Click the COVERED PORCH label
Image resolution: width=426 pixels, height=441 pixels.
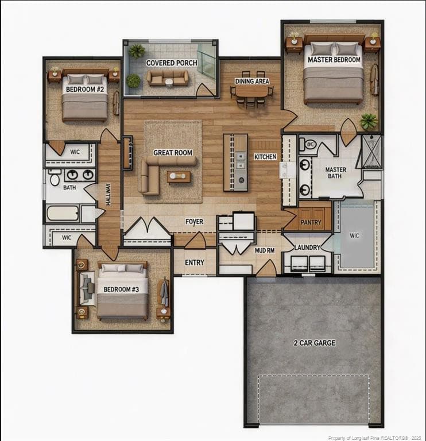(x=172, y=63)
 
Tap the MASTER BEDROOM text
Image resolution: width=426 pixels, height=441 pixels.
(x=334, y=60)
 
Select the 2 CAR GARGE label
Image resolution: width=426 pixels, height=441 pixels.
(x=315, y=343)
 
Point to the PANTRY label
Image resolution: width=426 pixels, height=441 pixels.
(x=311, y=222)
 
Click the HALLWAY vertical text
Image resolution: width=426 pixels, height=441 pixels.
(x=109, y=194)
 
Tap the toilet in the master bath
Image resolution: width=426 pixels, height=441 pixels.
(x=308, y=144)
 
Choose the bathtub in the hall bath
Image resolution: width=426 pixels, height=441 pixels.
(x=63, y=214)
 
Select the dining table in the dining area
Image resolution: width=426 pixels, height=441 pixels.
(x=251, y=91)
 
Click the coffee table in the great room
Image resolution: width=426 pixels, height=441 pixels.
(x=179, y=177)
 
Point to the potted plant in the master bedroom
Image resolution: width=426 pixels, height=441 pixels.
(x=369, y=121)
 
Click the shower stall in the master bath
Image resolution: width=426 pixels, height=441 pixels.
(x=371, y=152)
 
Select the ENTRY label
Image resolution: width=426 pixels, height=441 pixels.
(x=194, y=262)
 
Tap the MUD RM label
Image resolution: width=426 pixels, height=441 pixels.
(x=265, y=250)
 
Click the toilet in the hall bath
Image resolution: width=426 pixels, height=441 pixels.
(x=55, y=178)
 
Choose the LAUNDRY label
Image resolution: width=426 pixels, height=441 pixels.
(x=307, y=247)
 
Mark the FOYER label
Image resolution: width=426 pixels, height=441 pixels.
(x=194, y=222)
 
